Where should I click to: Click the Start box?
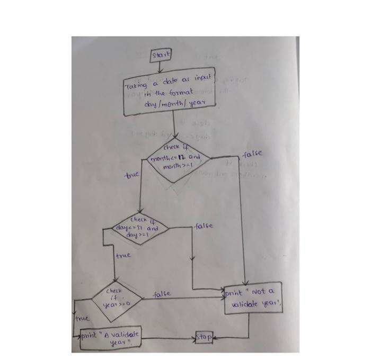coord(161,55)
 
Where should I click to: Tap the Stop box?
coord(204,337)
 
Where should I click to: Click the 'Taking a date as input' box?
coord(169,94)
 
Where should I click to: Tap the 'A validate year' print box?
coord(111,338)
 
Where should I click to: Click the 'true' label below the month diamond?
coord(130,174)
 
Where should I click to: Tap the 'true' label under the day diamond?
coord(123,256)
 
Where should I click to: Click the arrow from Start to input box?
coord(161,68)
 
